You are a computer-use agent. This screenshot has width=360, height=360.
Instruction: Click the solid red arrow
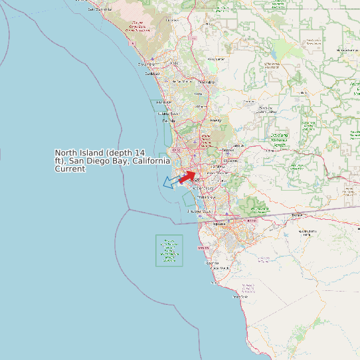[x=187, y=176]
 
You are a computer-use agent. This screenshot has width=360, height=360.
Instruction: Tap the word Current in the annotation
[x=70, y=169]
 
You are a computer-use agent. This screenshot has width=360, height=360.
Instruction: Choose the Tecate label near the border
[x=296, y=215]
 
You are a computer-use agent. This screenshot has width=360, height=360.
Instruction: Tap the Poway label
[x=215, y=120]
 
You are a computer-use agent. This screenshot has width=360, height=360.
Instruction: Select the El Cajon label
[x=230, y=160]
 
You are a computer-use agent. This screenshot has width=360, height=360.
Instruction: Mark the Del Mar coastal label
[x=168, y=120]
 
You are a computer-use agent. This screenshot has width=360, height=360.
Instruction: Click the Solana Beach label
[x=167, y=113]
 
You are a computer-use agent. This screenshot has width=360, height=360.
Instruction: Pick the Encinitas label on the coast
[x=163, y=102]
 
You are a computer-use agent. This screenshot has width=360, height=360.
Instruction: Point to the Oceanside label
[x=145, y=64]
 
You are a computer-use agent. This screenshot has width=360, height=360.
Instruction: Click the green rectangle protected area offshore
[x=169, y=250]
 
